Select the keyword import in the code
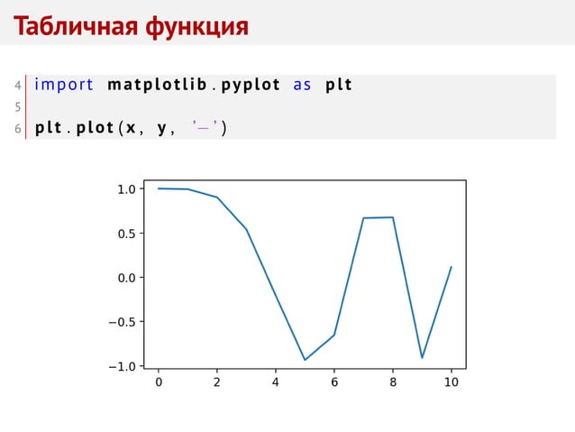coord(64,86)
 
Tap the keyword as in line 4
coord(302,86)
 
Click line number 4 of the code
coord(17,86)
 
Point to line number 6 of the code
coord(17,128)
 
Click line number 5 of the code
coord(17,107)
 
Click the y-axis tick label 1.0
coord(126,189)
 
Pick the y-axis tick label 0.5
coord(126,234)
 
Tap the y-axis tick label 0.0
coord(126,278)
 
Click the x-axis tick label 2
coord(217,382)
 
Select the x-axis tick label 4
coord(276,382)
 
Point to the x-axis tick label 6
coord(334,382)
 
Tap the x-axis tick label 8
coord(393,382)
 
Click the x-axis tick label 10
coord(452,382)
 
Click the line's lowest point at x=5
coord(305,360)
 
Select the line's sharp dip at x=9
coord(422,358)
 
